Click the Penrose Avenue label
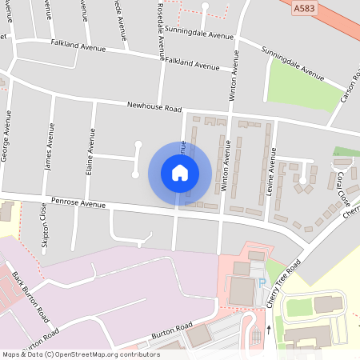tap(78, 204)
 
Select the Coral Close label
tap(343, 186)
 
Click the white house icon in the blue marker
tap(180, 172)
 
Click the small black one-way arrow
tap(269, 328)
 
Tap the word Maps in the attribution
tap(11, 354)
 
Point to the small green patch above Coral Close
tap(346, 152)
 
